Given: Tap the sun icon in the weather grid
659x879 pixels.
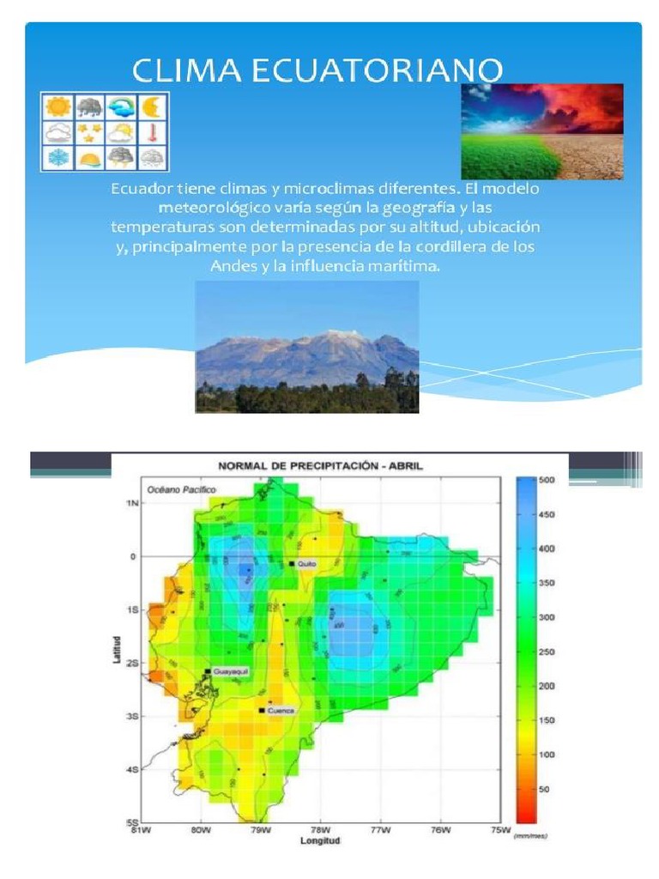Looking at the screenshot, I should pos(58,106).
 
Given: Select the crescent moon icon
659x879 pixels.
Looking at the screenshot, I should pos(152,106).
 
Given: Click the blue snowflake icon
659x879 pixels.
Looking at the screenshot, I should pos(58,158).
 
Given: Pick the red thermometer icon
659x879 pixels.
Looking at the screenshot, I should pos(152,132).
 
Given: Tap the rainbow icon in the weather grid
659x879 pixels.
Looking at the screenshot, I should pos(121,106).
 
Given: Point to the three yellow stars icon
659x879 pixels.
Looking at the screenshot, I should pos(89,132).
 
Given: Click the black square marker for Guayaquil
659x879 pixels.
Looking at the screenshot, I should pos(208,671).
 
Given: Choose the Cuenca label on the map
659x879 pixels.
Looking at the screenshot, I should pos(281,711).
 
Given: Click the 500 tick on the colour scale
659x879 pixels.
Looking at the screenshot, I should pos(547,481).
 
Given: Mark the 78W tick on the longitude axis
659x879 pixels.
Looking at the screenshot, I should pos(320,830).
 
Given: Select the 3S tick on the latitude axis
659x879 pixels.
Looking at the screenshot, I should pos(131,715).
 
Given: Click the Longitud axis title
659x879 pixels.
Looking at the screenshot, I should pos(320,840).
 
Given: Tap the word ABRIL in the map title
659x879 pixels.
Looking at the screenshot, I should pos(404,466).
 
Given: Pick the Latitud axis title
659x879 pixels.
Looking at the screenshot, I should pos(118,649).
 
